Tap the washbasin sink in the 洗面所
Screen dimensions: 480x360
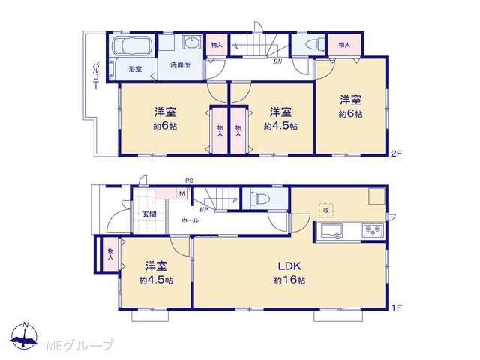pos(192,42)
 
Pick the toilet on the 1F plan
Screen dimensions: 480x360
pos(259,199)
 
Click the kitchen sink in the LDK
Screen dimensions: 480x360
pos(331,231)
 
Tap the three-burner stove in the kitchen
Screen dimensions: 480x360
pos(373,231)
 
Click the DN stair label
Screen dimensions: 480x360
pos(277,61)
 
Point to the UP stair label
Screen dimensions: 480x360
pos(203,210)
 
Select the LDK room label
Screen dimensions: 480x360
pos(289,265)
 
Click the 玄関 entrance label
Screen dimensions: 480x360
pos(149,214)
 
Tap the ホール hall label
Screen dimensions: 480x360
pos(190,220)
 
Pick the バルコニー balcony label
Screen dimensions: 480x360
pos(97,76)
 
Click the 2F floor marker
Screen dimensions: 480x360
pos(396,154)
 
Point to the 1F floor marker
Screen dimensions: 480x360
pos(396,307)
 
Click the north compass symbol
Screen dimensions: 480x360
pos(24,335)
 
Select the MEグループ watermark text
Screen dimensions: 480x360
pos(79,345)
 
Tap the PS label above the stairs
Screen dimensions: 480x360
pos(189,181)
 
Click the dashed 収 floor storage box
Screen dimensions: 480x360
pos(326,211)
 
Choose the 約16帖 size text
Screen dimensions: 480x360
pos(289,280)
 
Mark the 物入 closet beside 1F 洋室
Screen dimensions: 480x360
pos(110,254)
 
